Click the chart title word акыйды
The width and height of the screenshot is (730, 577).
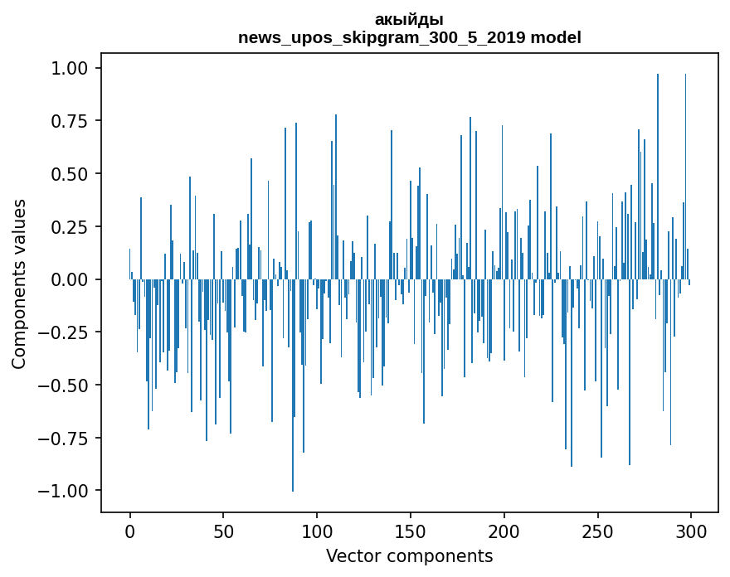click(409, 20)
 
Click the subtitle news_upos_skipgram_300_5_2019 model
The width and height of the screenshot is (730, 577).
click(409, 37)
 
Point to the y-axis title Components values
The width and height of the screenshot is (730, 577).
click(19, 284)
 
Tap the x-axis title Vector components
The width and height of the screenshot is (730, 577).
click(409, 555)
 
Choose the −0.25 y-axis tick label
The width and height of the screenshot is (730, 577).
click(71, 332)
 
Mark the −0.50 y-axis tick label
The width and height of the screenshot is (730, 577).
click(71, 385)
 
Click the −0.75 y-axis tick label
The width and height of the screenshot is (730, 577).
click(71, 438)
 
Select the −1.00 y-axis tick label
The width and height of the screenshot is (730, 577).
click(71, 491)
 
